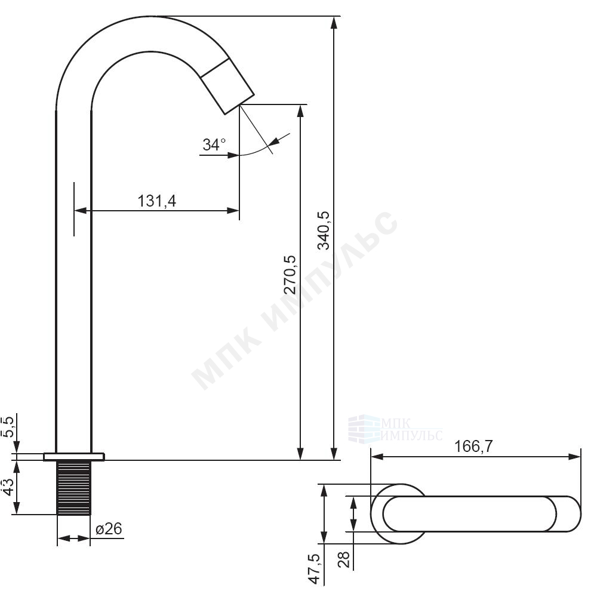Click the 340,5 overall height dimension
point(324,230)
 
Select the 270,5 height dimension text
point(291,274)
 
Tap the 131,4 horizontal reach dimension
point(156,201)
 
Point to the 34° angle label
point(214,144)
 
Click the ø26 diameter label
point(109,528)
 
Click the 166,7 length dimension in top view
point(473,446)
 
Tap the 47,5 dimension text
point(315,569)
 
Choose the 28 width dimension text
point(344,560)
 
